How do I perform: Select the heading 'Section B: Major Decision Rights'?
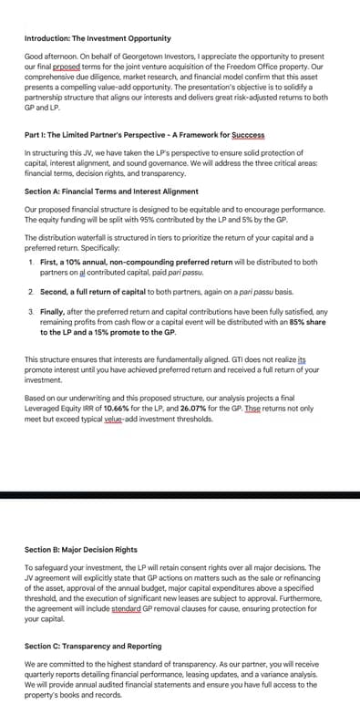[81, 550]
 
